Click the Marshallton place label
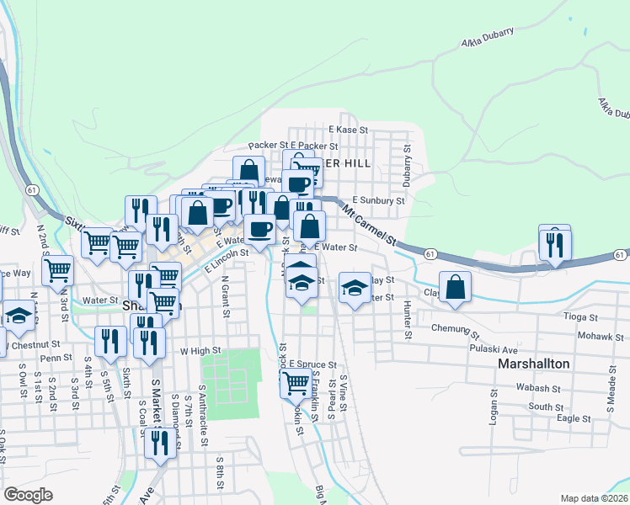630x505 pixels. coord(534,364)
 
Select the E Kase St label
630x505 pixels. coord(349,130)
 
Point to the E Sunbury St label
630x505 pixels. coord(378,200)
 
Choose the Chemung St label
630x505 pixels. coord(454,327)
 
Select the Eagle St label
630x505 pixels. coord(574,417)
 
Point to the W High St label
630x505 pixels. coord(200,350)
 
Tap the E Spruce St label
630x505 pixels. coord(312,364)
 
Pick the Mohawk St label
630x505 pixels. coord(577,334)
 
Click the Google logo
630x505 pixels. coord(28,495)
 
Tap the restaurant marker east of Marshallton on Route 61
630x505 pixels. coord(555,244)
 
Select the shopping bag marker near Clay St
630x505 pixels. coord(455,287)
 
